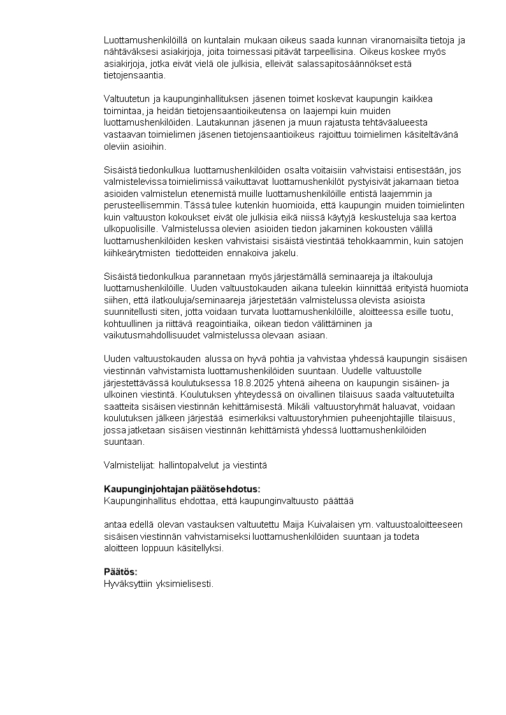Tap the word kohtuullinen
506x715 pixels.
[x=130, y=324]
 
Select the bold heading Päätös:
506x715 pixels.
[x=120, y=572]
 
